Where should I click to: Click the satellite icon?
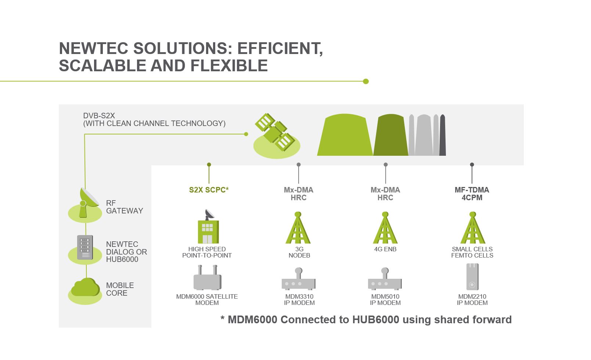[x=275, y=132]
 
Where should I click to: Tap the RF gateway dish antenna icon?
[x=89, y=202]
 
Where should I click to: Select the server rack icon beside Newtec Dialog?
[x=85, y=247]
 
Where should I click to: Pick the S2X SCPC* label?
[x=209, y=190]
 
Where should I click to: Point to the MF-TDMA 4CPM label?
[x=472, y=194]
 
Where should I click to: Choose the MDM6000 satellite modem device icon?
[x=208, y=278]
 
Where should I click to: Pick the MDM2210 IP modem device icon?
[x=472, y=277]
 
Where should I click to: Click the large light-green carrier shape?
[x=345, y=135]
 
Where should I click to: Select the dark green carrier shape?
[x=391, y=135]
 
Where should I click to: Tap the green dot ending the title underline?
[x=366, y=81]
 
